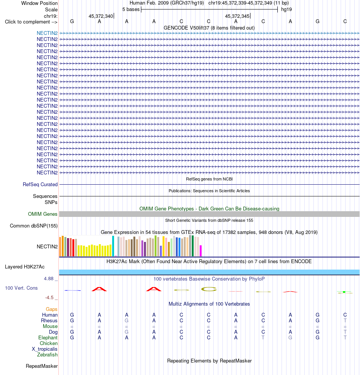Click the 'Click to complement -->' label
coord(31,22)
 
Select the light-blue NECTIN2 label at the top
coord(47,33)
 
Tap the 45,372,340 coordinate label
coord(101,16)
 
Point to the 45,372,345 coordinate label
coord(237,16)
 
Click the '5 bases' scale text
coord(131,9)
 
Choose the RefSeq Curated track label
coord(40,184)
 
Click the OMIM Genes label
coord(42,214)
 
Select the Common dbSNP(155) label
coord(34,226)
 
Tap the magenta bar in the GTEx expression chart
coord(201,251)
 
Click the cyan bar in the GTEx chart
coord(113,246)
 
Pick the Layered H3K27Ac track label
coord(25,267)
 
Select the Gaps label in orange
coord(52,309)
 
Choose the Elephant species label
coord(48,337)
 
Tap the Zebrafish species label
coord(47,355)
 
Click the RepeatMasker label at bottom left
coord(42,366)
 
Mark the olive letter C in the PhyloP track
coord(209,289)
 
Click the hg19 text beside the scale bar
coord(286,9)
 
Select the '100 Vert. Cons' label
coord(21,288)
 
